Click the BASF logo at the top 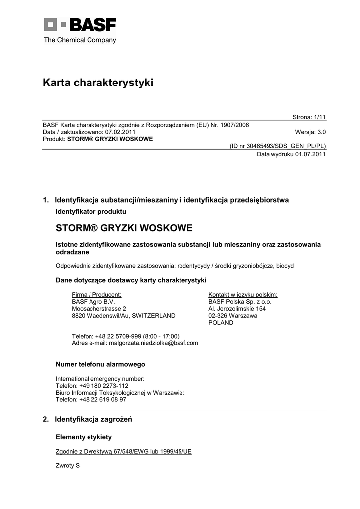tap(80, 25)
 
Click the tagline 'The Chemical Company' tap(80, 40)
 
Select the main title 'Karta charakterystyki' tap(98, 83)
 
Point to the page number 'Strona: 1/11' tap(309, 117)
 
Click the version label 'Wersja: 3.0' tap(310, 132)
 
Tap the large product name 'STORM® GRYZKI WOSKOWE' tap(124, 228)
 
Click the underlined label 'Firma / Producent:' tap(96, 294)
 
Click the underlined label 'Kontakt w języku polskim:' tap(243, 294)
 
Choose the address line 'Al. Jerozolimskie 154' tap(237, 308)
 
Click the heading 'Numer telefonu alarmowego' tap(100, 364)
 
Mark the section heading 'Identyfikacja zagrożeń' tap(93, 419)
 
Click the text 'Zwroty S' tap(68, 466)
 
